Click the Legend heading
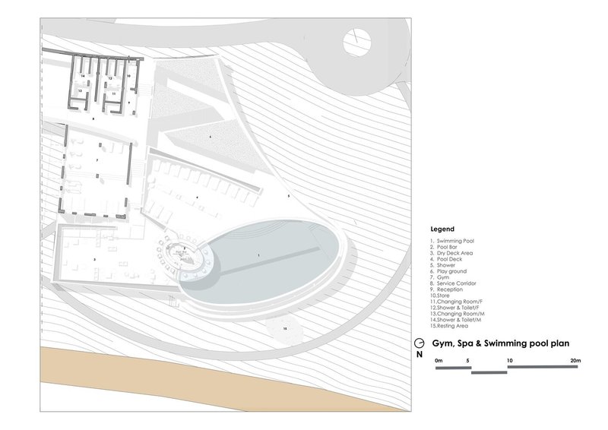[x=442, y=228]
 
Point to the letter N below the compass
[x=420, y=355]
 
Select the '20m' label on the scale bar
[x=576, y=360]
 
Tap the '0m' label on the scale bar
[x=439, y=360]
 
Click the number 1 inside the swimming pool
[x=258, y=255]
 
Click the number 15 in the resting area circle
[x=284, y=328]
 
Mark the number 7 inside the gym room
[x=97, y=160]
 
